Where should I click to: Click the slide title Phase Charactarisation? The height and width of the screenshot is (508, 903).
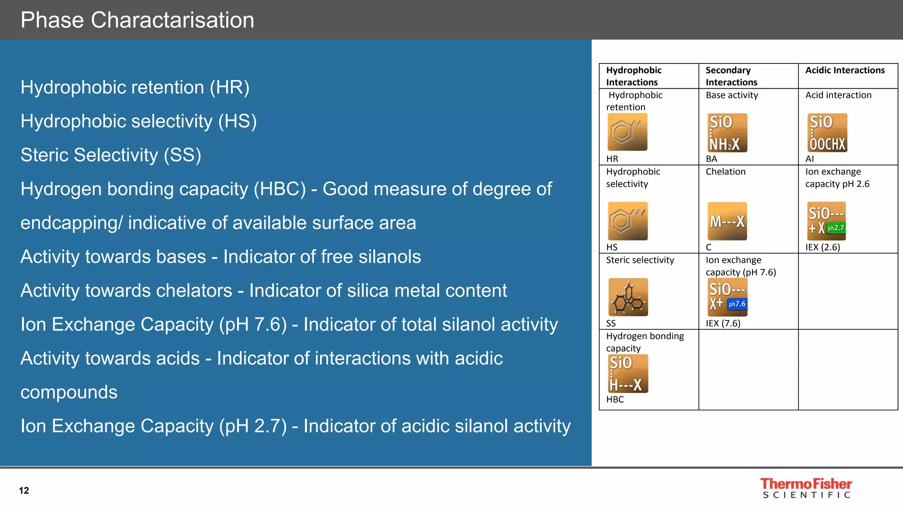tap(137, 20)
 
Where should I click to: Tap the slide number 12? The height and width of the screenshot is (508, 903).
tap(24, 490)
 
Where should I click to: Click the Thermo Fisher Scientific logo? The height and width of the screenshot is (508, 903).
tap(806, 488)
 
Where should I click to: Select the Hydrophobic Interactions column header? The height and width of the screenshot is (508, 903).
tap(634, 76)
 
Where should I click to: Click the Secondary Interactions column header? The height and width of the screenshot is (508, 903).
tap(731, 76)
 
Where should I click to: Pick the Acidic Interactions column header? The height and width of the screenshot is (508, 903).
tap(845, 71)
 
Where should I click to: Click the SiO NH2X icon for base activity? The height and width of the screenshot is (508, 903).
tap(727, 133)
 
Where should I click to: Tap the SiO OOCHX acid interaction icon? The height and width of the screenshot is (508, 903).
tap(827, 133)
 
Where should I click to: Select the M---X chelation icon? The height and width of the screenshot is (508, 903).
tap(727, 221)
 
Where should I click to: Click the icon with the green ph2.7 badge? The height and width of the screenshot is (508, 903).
tap(826, 221)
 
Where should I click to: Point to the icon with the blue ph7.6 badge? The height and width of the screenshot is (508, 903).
tap(728, 297)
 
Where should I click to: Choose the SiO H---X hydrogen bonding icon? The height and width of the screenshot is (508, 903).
tap(628, 374)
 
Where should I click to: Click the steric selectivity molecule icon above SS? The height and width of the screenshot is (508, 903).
tap(628, 297)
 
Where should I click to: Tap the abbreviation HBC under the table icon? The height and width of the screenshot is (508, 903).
tap(615, 400)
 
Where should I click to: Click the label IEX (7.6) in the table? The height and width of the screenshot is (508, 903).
tap(723, 323)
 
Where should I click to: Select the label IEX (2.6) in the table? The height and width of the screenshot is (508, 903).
tap(823, 247)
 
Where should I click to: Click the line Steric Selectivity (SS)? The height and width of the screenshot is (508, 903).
tap(111, 155)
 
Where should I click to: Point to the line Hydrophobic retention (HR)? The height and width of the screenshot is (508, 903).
tap(135, 87)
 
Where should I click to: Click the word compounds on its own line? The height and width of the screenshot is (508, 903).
tap(69, 392)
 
